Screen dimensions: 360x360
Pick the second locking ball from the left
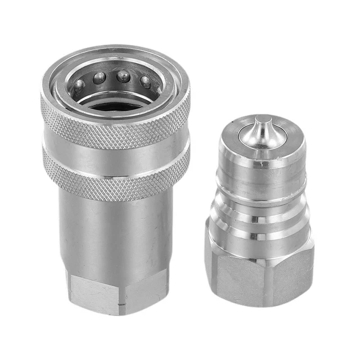[x=99, y=77]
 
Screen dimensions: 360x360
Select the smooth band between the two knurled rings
[x=115, y=150]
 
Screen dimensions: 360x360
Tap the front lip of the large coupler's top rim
[x=115, y=105]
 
